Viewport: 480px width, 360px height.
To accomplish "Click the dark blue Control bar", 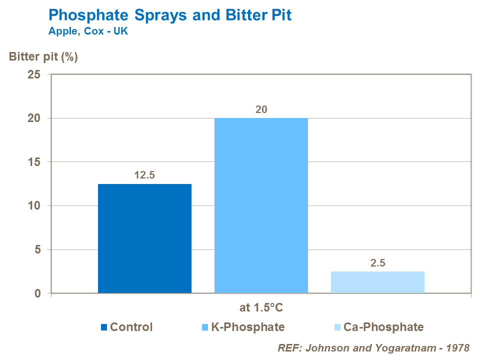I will [x=144, y=238].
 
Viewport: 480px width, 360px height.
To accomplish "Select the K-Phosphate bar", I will [x=261, y=205].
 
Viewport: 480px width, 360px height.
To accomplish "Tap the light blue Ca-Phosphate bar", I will [x=377, y=282].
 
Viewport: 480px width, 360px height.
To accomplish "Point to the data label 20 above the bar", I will [x=261, y=109].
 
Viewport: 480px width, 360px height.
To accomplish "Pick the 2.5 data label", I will [x=377, y=262].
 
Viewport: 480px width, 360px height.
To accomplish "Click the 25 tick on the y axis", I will [x=34, y=74].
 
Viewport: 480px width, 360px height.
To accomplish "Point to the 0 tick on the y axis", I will [x=38, y=293].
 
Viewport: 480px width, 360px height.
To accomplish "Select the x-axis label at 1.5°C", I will [x=261, y=307].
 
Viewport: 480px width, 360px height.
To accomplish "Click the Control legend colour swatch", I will [x=103, y=327].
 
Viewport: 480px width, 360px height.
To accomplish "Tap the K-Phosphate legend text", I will [x=247, y=327].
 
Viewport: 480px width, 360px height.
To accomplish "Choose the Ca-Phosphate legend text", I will [x=383, y=327].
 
